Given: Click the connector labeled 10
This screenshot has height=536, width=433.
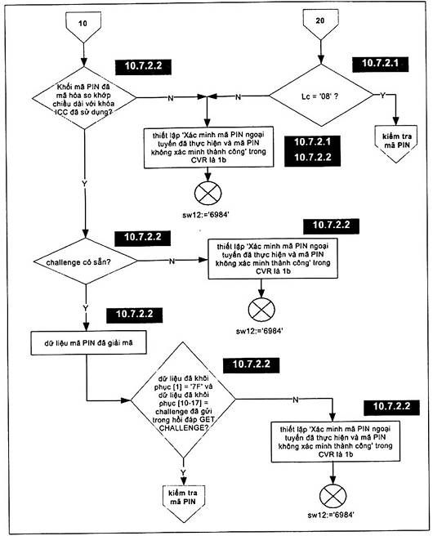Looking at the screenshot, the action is tap(83, 27).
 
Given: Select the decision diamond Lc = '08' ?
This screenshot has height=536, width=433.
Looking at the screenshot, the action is tap(320, 96).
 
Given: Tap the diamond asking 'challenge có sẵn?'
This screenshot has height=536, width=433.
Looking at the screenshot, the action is tap(86, 261).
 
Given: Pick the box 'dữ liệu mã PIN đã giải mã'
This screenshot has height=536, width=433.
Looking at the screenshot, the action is tap(89, 343).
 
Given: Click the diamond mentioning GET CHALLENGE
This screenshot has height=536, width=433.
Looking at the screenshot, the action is tap(183, 400).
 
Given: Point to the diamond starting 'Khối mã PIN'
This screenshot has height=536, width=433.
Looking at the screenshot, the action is tap(84, 98).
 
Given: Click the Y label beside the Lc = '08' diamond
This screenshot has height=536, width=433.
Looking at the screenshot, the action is tap(383, 96).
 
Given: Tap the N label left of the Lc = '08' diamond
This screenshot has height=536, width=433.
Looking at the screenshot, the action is tap(239, 97).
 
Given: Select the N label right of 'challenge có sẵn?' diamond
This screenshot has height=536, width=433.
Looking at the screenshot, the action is tap(172, 261).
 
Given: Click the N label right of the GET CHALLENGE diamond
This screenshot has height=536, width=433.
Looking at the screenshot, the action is tap(296, 400).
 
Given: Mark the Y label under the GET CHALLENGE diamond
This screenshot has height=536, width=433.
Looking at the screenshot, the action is tap(183, 472).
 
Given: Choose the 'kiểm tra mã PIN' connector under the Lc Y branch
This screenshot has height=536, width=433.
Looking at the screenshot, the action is tap(396, 142).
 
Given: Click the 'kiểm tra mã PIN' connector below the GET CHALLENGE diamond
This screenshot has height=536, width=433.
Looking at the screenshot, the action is tap(184, 500).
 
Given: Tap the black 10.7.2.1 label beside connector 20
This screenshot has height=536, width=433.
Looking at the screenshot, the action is tap(380, 63).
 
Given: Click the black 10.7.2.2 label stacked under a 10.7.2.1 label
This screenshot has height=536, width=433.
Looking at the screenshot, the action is tap(313, 157).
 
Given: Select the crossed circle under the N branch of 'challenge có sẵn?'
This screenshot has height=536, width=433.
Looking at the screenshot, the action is tap(261, 310).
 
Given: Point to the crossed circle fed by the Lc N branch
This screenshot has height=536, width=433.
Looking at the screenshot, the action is tap(208, 194).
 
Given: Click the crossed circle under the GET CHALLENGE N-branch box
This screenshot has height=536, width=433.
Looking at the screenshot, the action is tap(333, 496).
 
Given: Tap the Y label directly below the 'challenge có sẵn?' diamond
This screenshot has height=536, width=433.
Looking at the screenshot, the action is tap(85, 309).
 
